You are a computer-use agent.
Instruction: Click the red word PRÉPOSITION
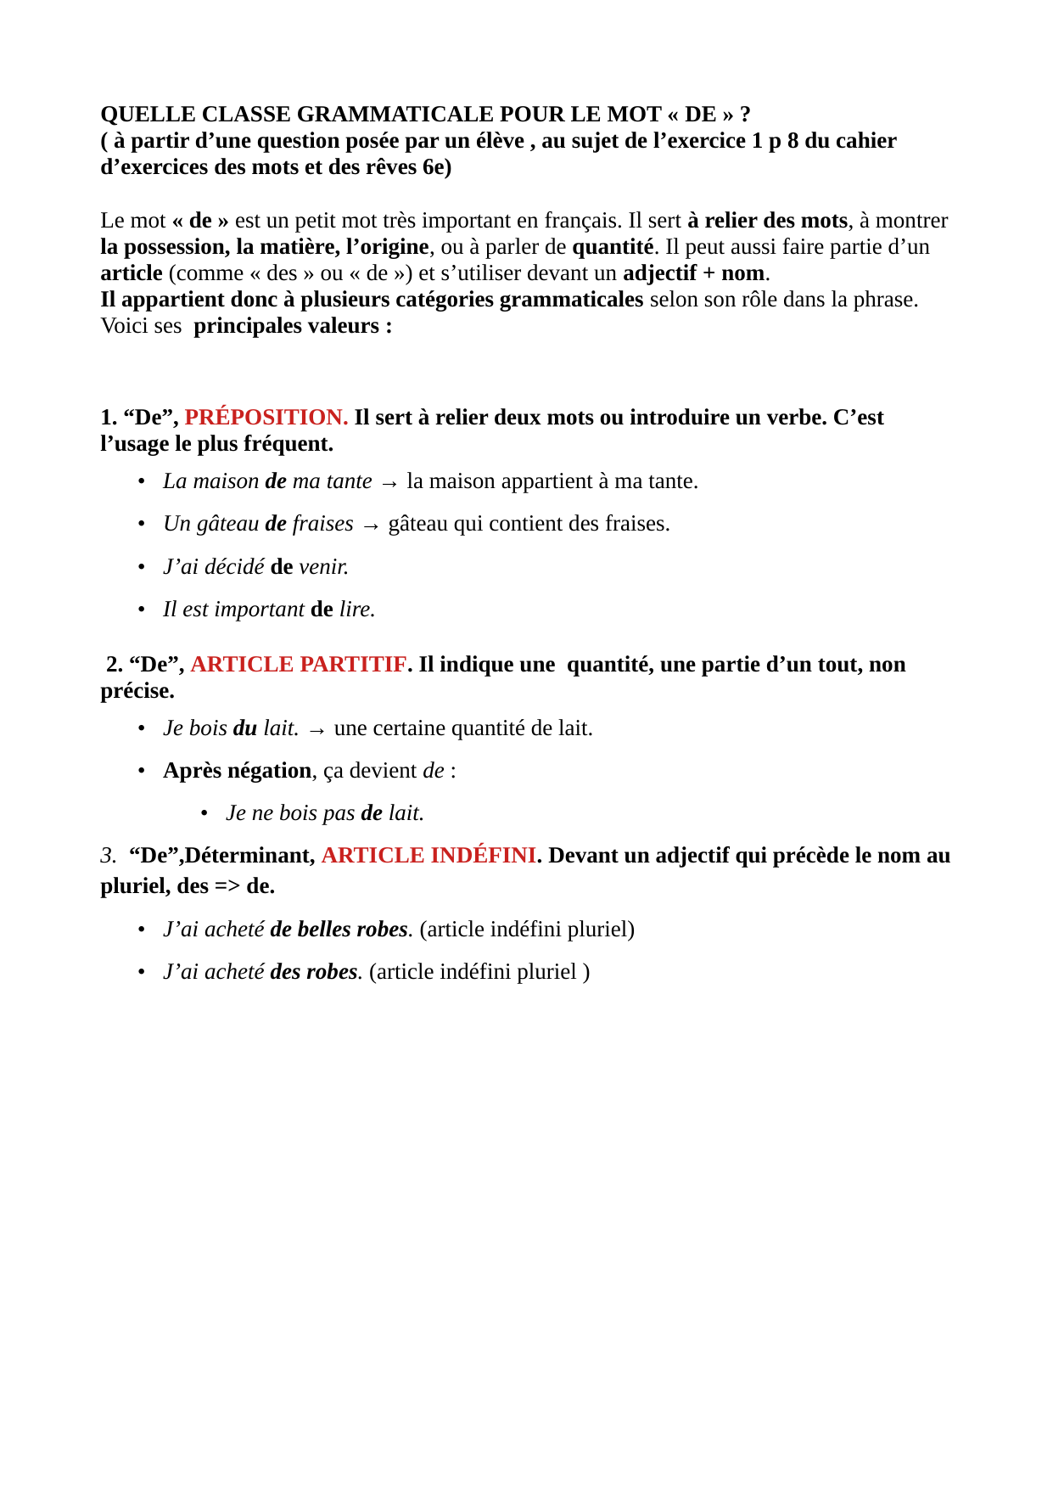[x=266, y=418]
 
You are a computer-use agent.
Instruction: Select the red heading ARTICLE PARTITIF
[x=299, y=665]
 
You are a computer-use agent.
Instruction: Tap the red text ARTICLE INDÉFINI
[x=428, y=856]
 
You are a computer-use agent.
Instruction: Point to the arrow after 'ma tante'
[x=389, y=483]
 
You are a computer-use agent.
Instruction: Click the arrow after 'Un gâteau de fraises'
[x=371, y=525]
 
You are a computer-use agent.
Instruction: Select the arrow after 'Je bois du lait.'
[x=316, y=730]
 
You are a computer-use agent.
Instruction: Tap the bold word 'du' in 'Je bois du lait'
[x=245, y=728]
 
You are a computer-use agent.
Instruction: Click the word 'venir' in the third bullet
[x=323, y=567]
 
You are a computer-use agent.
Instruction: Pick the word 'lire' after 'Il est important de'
[x=356, y=610]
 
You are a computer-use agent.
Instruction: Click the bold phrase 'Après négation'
[x=238, y=771]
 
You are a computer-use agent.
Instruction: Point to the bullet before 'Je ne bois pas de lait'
[x=204, y=813]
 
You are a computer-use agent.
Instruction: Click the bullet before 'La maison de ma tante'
[x=142, y=481]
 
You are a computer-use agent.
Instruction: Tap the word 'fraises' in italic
[x=322, y=524]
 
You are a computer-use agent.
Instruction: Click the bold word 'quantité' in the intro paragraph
[x=613, y=247]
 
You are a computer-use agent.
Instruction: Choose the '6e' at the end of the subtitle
[x=434, y=167]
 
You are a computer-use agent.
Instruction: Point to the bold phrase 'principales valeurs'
[x=286, y=326]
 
